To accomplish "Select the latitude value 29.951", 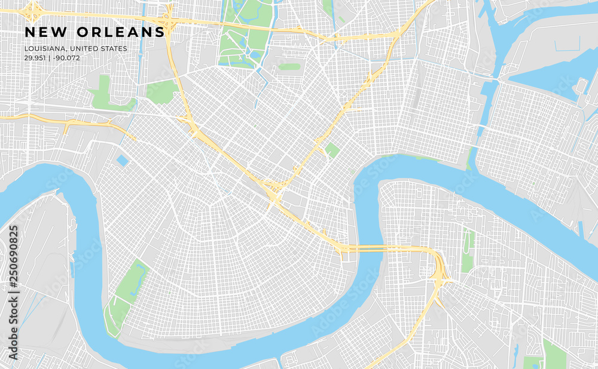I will [35, 58].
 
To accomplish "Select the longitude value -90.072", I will [66, 58].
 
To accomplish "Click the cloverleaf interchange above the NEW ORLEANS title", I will [32, 10].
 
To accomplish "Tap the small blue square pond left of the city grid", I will [122, 161].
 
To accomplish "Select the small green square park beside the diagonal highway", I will [332, 150].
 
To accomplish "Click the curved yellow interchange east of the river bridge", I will [441, 272].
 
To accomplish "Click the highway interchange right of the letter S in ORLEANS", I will [170, 23].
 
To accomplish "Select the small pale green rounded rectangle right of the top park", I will [289, 67].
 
